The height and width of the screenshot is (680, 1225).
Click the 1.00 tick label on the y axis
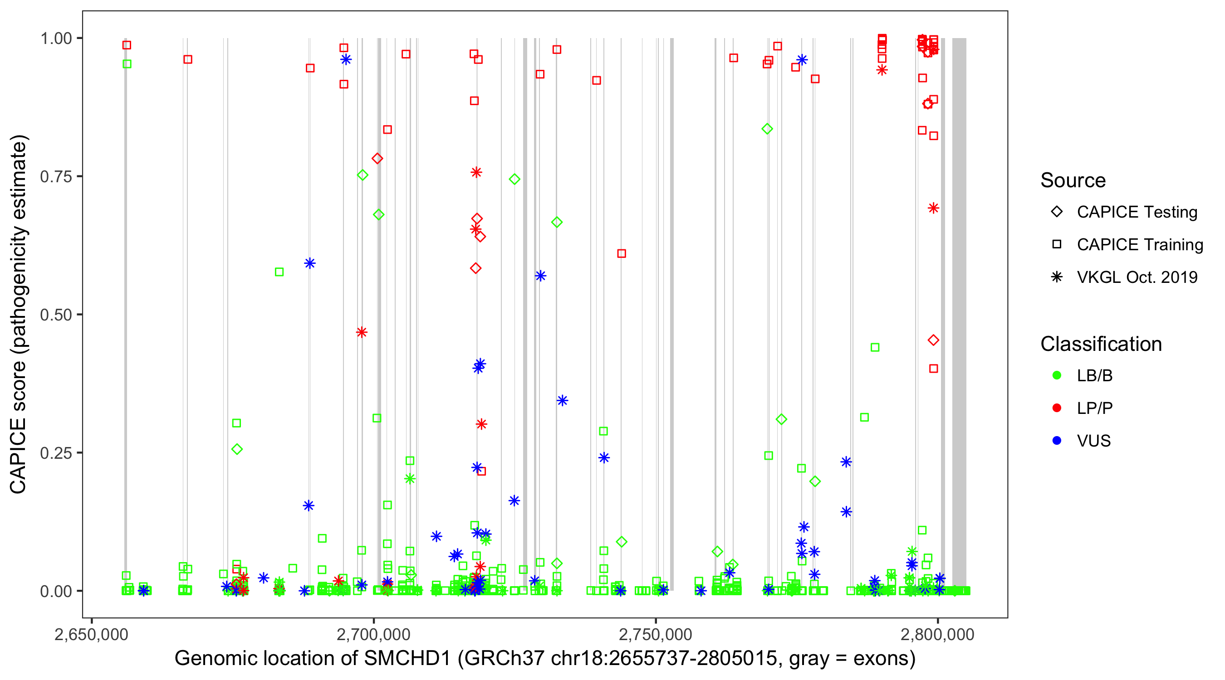tap(56, 39)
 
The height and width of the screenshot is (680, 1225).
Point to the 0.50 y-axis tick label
tap(56, 315)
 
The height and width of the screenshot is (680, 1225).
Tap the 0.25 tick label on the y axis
tap(56, 453)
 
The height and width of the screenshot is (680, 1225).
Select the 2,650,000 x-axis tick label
tap(91, 634)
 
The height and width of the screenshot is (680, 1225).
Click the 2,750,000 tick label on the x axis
tap(656, 634)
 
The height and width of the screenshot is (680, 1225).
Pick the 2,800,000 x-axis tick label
tap(938, 634)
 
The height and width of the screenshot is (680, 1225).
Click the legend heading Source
tap(1073, 180)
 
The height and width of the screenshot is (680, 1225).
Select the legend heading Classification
tap(1101, 344)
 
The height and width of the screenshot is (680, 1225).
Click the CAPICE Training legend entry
tap(1057, 245)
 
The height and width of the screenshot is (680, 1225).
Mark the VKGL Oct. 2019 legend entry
tap(1057, 277)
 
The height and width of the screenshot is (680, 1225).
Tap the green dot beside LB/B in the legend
tap(1057, 375)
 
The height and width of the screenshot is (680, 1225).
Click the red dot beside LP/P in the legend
tap(1057, 408)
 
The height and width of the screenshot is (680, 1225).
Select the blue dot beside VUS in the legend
tap(1057, 441)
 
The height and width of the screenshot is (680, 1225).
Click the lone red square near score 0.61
tap(622, 254)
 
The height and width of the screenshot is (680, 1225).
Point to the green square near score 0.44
tap(875, 347)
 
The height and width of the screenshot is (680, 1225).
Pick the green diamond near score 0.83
tap(767, 129)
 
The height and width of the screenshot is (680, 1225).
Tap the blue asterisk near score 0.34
tap(563, 401)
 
